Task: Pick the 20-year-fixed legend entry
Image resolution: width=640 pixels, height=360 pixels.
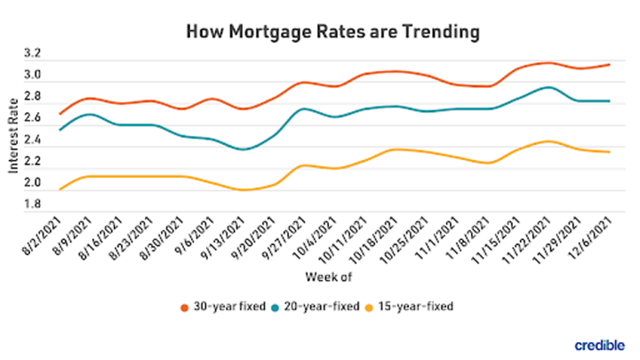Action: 318,306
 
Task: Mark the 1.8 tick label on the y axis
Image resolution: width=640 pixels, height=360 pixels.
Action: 33,205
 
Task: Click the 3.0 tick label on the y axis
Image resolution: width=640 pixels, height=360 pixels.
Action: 33,75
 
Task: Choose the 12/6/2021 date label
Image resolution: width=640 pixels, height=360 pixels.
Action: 597,238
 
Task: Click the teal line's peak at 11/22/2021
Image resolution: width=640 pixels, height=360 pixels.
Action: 547,87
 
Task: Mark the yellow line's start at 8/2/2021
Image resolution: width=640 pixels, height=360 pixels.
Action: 61,190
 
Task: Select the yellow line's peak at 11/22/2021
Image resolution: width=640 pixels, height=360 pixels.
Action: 547,141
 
